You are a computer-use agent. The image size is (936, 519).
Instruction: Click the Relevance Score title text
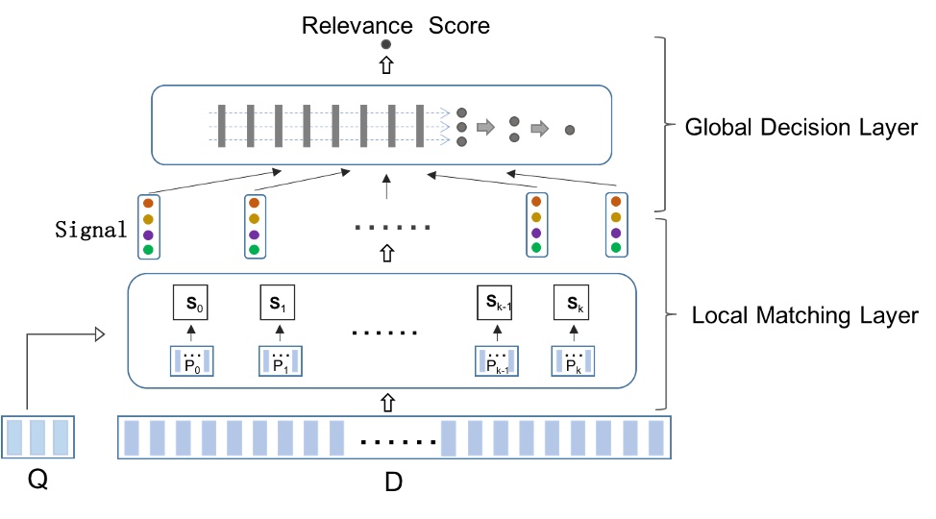[396, 24]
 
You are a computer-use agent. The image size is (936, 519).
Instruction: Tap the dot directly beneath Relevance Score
[386, 44]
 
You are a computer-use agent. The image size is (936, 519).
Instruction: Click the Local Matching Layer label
[805, 314]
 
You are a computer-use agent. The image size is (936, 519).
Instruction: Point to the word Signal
[91, 230]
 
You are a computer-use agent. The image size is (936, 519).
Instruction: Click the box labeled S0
[190, 305]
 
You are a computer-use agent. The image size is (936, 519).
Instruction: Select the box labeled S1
[277, 305]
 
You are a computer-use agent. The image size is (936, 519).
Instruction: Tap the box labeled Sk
[571, 305]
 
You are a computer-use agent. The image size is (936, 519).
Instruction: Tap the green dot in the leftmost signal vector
[148, 250]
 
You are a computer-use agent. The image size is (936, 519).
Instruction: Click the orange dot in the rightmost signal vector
[614, 203]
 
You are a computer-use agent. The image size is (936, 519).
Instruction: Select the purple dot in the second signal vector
[254, 235]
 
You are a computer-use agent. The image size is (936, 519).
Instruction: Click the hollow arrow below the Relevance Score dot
[386, 65]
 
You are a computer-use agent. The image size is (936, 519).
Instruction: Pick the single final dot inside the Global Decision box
[570, 129]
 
